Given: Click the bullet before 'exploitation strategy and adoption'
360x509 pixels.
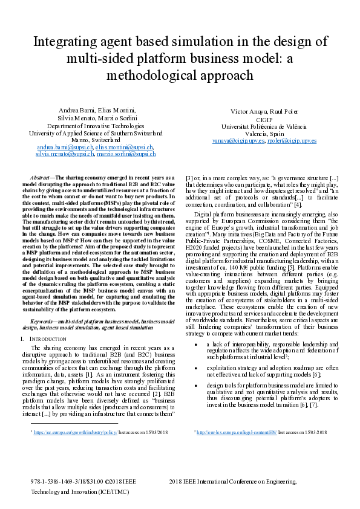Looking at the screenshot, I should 196,366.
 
